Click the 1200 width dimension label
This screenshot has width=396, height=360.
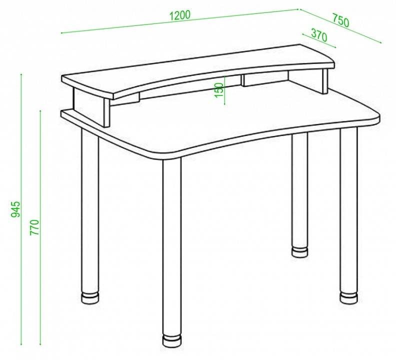pos(179,15)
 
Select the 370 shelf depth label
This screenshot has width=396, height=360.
pos(318,35)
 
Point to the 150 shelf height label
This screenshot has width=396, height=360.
pos(219,90)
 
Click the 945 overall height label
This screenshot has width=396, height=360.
pos(15,209)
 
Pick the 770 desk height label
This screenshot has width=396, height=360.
pos(34,227)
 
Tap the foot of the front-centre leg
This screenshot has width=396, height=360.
pos(171,340)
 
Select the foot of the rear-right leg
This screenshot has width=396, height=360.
pos(300,252)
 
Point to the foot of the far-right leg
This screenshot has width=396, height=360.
pos(349,297)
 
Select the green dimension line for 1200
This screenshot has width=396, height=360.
pos(180,21)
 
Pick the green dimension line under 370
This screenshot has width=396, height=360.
pos(319,40)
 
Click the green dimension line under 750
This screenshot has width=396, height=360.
pos(340,26)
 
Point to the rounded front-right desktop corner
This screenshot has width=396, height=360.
pos(376,118)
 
